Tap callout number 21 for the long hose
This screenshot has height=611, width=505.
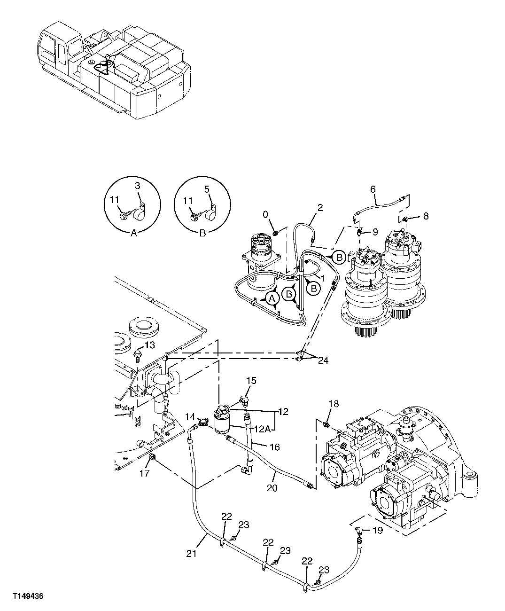[x=191, y=554]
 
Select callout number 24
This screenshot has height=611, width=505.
[x=323, y=360]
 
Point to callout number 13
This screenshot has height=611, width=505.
[x=149, y=345]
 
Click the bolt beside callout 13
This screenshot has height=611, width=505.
[x=138, y=354]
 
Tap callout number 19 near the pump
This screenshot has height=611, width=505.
[x=377, y=531]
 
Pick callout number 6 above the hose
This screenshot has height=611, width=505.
[x=373, y=189]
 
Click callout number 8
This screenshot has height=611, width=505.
[x=426, y=216]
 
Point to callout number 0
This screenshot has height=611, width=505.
[x=265, y=214]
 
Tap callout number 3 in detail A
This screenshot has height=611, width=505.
[x=138, y=186]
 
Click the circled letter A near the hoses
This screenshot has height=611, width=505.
[x=271, y=298]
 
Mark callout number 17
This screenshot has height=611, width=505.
[x=145, y=473]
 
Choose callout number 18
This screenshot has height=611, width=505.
[x=333, y=404]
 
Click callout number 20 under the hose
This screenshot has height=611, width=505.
[x=272, y=488]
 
